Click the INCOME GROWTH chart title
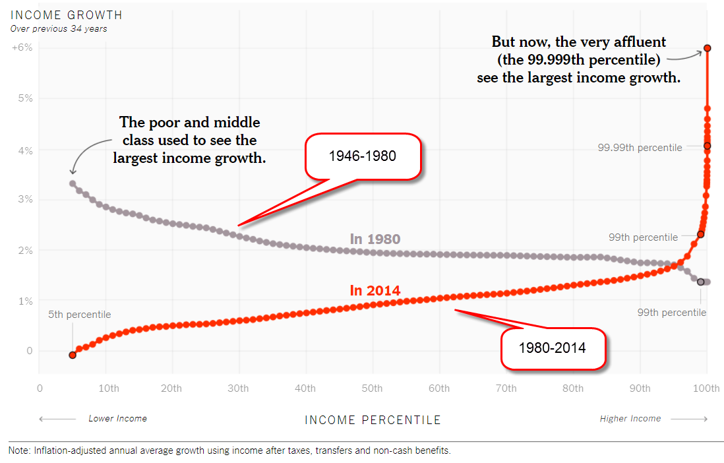tap(67, 15)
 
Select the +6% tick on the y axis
tap(22, 48)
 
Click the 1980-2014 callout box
tap(553, 348)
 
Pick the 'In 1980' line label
tap(375, 239)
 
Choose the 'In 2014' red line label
tap(375, 290)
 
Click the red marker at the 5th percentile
tap(73, 355)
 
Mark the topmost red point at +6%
tap(707, 48)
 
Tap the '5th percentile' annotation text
tap(80, 315)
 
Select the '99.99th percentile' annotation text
tap(640, 148)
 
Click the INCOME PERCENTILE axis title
tap(373, 420)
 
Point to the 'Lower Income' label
tap(117, 419)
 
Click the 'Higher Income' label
tap(630, 419)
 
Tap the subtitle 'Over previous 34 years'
tap(59, 28)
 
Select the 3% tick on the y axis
tap(24, 200)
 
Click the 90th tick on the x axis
tap(639, 388)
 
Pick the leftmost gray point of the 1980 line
tap(73, 184)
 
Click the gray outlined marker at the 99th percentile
tap(701, 282)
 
